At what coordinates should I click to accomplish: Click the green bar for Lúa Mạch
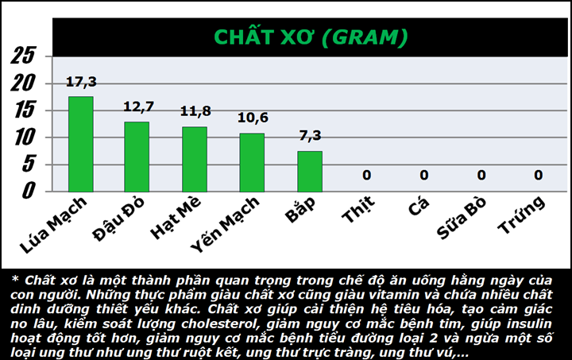[x=81, y=144]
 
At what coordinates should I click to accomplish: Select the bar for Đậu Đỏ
[x=137, y=157]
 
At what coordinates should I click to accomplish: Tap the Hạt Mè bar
[x=195, y=160]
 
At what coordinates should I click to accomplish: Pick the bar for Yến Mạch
[x=252, y=163]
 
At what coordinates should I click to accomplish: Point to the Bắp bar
[x=310, y=172]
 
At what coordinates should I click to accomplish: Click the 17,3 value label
[x=81, y=82]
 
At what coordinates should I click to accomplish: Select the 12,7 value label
[x=138, y=106]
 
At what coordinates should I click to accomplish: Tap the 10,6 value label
[x=253, y=118]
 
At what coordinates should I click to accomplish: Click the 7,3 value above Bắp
[x=310, y=135]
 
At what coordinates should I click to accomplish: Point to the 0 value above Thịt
[x=366, y=175]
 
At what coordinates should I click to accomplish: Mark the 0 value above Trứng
[x=539, y=175]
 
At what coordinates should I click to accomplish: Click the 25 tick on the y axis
[x=22, y=56]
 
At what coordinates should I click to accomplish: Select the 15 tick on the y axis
[x=24, y=110]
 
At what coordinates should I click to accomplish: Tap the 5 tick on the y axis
[x=29, y=164]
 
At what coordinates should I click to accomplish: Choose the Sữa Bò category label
[x=462, y=218]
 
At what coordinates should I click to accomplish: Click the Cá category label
[x=419, y=207]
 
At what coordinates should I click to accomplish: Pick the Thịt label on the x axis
[x=358, y=209]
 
